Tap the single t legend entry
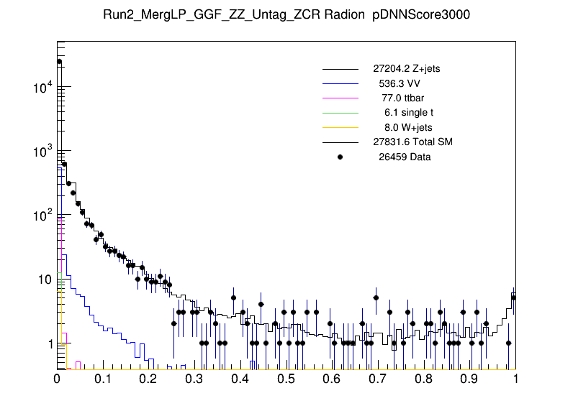pos(409,112)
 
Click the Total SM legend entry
pos(412,142)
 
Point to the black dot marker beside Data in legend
pos(340,157)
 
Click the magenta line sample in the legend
pos(340,98)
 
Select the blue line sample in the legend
pos(340,83)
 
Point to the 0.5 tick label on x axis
pos(286,379)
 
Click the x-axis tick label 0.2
pos(149,379)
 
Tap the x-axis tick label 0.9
pos(469,379)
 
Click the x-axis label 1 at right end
pos(515,379)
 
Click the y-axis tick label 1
pos(49,344)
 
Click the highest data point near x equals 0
pos(60,62)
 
